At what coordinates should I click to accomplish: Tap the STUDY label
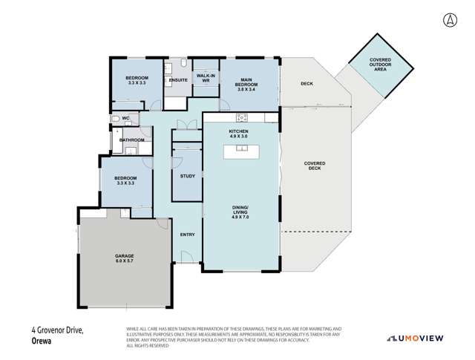[188, 176]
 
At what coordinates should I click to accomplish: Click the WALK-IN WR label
[206, 79]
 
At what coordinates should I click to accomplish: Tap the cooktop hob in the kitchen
[242, 117]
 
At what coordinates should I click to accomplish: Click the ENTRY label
[188, 235]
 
